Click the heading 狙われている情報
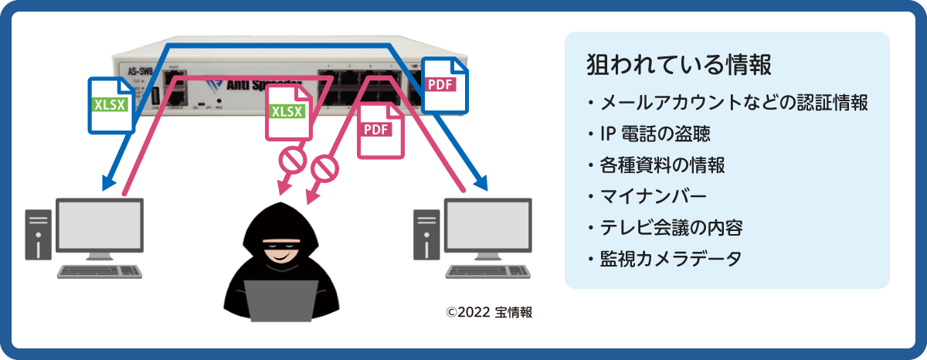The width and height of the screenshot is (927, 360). point(679,65)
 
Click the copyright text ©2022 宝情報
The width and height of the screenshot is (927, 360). point(489,313)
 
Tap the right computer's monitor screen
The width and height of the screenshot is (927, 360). point(487,224)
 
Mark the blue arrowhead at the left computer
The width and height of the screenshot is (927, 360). point(107,184)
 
